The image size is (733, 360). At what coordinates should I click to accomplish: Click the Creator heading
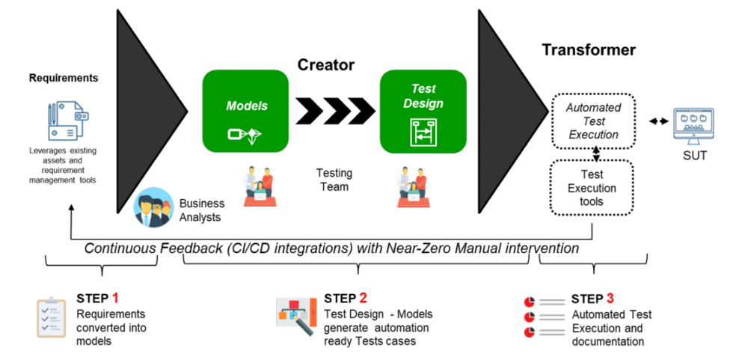(x=326, y=64)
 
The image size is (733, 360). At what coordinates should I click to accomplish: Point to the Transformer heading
(x=589, y=50)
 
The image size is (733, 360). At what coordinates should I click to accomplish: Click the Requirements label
(x=64, y=78)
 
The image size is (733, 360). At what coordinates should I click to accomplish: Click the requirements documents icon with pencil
(x=64, y=120)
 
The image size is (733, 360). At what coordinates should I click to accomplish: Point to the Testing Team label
(x=334, y=180)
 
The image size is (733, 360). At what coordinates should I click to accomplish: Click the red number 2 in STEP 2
(x=363, y=299)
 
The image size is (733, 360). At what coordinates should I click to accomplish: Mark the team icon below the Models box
(x=259, y=188)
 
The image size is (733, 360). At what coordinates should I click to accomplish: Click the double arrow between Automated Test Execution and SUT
(x=658, y=121)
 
